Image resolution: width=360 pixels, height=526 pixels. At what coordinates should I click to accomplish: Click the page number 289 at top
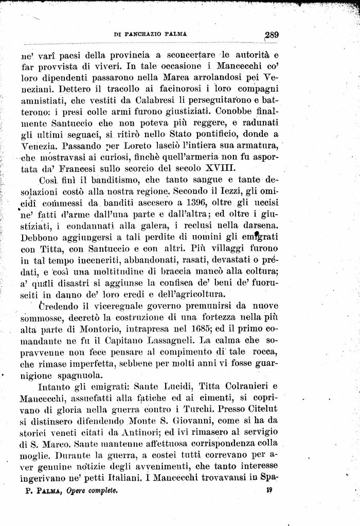pyautogui.click(x=269, y=35)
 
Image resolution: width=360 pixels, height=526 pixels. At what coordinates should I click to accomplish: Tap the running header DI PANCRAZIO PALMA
pyautogui.click(x=150, y=34)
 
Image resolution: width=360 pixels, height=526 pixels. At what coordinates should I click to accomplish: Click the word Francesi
pyautogui.click(x=78, y=168)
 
